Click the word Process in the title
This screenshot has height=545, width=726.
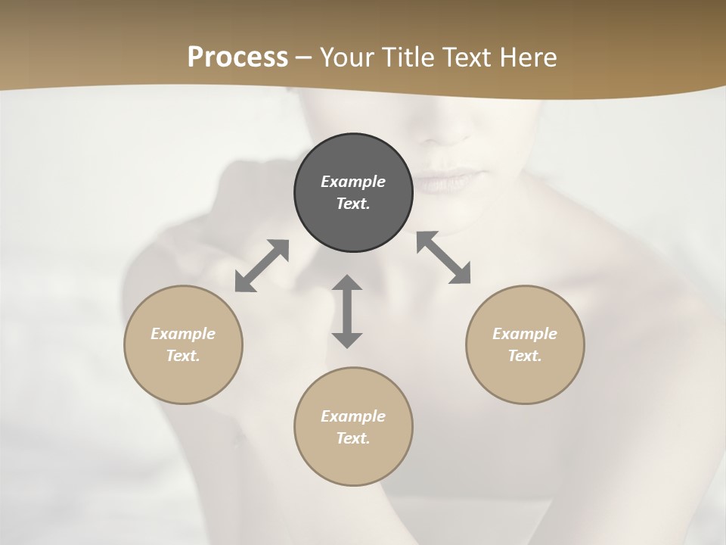(x=237, y=57)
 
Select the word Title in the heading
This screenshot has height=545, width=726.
(x=408, y=58)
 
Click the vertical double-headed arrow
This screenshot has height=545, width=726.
(x=347, y=311)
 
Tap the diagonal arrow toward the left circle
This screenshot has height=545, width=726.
(x=262, y=266)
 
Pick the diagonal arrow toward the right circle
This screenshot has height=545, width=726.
(x=444, y=258)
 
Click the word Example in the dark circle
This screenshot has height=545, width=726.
(x=353, y=182)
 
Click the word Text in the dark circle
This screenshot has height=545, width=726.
(x=353, y=204)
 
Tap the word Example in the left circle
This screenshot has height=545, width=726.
(x=183, y=334)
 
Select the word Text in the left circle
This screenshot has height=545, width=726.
(x=183, y=356)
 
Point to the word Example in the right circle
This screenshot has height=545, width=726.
(x=525, y=334)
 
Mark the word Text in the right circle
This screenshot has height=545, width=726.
(x=525, y=356)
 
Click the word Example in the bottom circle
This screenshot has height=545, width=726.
(x=353, y=416)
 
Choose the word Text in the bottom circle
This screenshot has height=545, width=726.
(x=353, y=438)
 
